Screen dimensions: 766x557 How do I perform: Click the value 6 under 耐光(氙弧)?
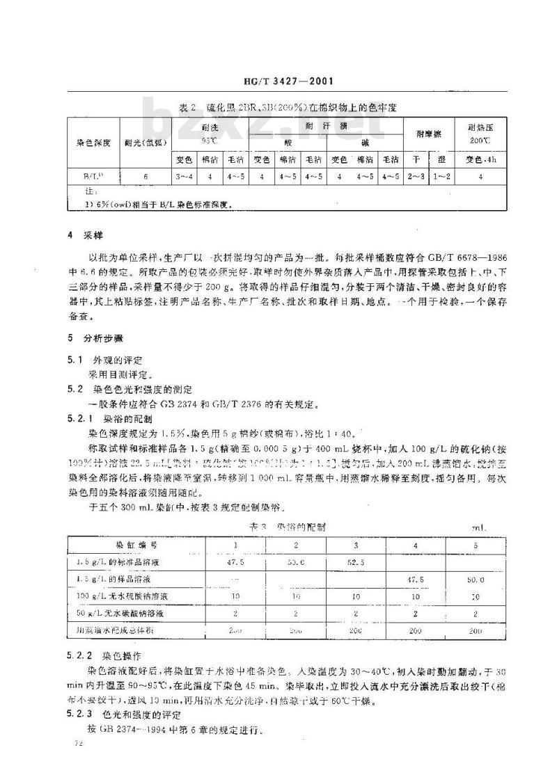[146, 177]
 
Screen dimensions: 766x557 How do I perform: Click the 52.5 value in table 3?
[355, 560]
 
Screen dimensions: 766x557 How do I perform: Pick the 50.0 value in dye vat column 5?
[476, 578]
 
